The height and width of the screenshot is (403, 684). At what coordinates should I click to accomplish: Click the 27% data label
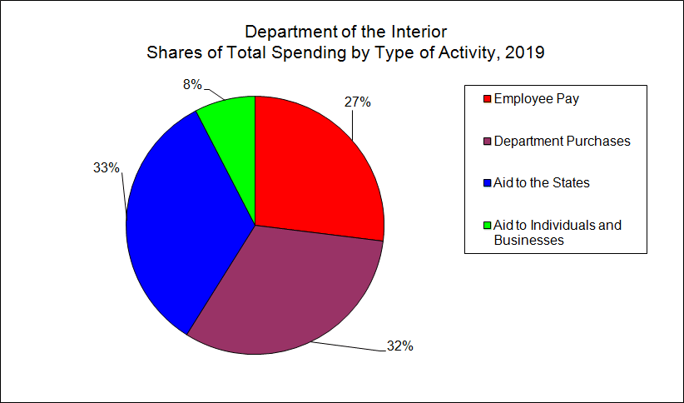click(x=358, y=102)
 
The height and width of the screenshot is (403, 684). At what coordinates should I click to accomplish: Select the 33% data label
click(x=106, y=168)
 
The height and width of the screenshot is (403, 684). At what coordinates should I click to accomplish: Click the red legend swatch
click(x=487, y=99)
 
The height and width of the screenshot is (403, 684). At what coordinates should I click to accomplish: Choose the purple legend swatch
click(x=487, y=142)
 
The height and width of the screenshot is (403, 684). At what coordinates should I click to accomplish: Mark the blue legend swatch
click(x=487, y=183)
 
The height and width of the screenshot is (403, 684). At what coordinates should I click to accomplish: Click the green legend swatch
click(x=487, y=226)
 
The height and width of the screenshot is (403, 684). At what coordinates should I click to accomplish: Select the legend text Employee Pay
click(x=537, y=98)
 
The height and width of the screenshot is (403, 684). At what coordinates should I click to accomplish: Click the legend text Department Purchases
click(x=562, y=141)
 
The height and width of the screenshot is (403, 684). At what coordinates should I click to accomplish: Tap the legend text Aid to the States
click(x=542, y=182)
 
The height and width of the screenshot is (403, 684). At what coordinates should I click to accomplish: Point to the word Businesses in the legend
click(x=529, y=241)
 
